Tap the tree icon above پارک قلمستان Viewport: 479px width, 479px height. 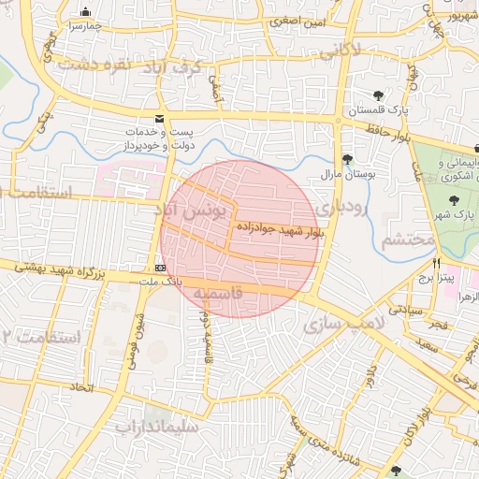point(378,95)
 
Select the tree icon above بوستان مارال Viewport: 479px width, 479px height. point(347,158)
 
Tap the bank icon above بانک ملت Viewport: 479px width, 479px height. point(160,268)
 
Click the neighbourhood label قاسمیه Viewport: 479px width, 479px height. point(218,293)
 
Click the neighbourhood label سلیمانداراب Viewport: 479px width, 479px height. point(156,428)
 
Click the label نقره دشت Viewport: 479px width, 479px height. point(92,65)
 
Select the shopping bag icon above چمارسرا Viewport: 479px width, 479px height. point(86,12)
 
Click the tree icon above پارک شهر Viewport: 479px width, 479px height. point(455,199)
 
